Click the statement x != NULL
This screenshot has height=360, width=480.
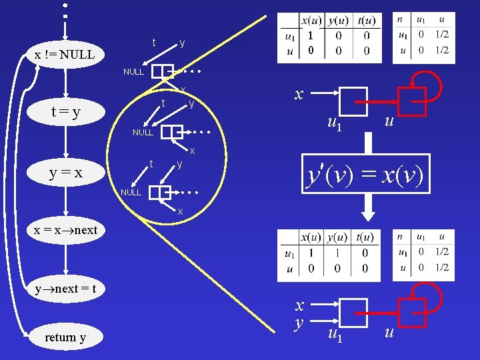(x=65, y=55)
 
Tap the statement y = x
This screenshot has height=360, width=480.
(x=65, y=173)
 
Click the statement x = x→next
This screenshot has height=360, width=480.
(x=66, y=230)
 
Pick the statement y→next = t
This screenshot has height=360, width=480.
(x=66, y=289)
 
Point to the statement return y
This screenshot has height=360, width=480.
(x=65, y=337)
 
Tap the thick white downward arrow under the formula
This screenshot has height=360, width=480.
(x=367, y=209)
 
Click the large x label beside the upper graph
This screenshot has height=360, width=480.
(x=299, y=94)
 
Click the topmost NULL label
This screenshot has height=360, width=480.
(x=133, y=71)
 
